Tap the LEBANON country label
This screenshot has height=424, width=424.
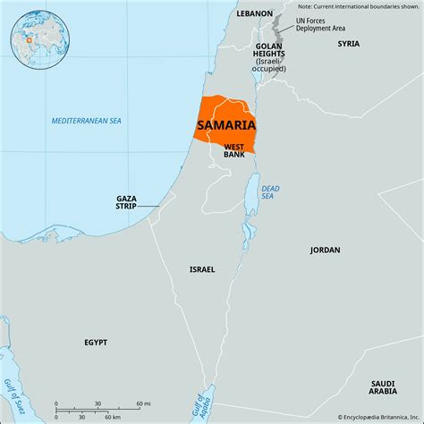click(254, 14)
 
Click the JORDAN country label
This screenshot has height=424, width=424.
click(325, 250)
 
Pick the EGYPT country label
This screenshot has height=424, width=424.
click(96, 342)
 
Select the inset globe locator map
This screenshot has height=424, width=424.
click(33, 38)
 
